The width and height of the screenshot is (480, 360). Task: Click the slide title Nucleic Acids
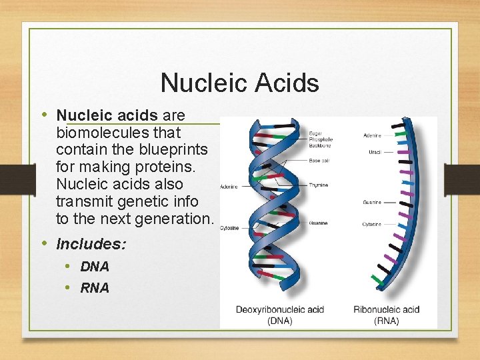[x=240, y=83]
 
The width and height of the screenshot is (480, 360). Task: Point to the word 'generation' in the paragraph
[x=176, y=219]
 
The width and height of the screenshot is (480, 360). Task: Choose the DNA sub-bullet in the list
[x=95, y=267]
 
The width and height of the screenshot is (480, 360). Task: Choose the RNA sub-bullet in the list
[x=95, y=288]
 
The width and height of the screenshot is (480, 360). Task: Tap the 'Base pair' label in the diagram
[x=319, y=160]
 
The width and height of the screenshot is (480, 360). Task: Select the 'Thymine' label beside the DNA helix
[x=319, y=185]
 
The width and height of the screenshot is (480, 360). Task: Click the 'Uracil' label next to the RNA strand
[x=375, y=152]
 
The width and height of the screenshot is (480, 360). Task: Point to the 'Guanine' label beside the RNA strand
[x=372, y=202]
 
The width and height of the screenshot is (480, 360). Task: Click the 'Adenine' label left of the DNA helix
[x=229, y=187]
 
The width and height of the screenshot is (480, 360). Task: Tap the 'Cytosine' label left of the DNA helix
[x=230, y=227]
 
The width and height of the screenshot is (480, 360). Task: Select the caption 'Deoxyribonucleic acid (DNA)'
[x=279, y=315]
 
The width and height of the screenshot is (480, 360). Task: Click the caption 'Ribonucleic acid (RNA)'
[x=387, y=315]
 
